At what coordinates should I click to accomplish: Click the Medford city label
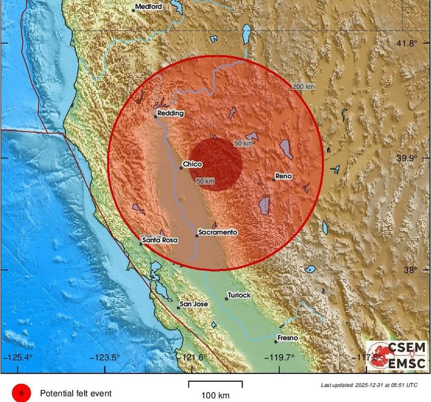click(148, 6)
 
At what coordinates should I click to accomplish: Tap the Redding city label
click(171, 113)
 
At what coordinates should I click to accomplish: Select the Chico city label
click(193, 164)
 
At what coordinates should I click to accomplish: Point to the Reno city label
click(283, 176)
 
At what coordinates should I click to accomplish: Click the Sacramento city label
click(218, 232)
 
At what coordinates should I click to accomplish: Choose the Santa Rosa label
click(160, 240)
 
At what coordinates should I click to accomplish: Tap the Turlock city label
click(239, 295)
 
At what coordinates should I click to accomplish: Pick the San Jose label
click(194, 304)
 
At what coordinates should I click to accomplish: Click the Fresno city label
click(288, 338)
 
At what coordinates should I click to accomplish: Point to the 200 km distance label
click(303, 87)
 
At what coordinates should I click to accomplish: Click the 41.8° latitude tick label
click(407, 44)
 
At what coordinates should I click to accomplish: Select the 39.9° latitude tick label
click(407, 158)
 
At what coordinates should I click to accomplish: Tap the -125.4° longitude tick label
click(18, 357)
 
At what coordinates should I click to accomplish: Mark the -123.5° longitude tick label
click(105, 357)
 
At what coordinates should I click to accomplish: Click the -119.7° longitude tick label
click(279, 357)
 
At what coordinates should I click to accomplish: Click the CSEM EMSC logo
click(397, 356)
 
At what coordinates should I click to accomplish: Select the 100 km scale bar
click(215, 384)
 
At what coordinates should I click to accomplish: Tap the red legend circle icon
click(22, 393)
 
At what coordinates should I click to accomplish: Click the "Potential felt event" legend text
click(76, 393)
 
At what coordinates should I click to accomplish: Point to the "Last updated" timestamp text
click(369, 385)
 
